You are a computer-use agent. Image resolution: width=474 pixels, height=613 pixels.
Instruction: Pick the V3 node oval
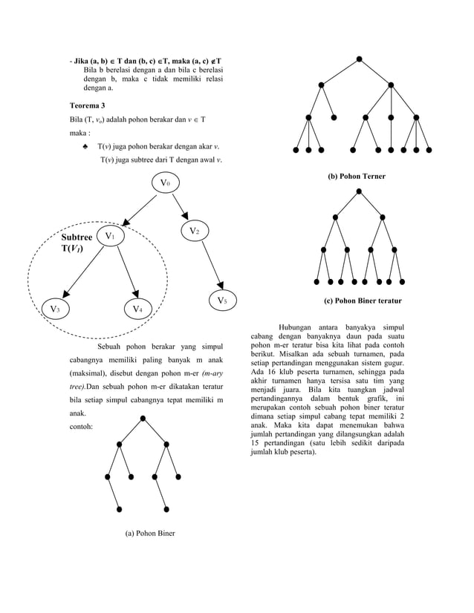coord(55,308)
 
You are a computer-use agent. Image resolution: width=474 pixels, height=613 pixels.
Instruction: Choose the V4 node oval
coord(138,308)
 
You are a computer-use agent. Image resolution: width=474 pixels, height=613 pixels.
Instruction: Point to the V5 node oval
coord(221,301)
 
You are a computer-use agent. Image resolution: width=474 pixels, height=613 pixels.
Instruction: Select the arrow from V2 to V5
coord(209,266)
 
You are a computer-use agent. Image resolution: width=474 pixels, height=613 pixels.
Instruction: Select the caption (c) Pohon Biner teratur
coord(363,302)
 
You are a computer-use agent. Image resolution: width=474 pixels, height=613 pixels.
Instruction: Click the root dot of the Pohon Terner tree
coord(359,59)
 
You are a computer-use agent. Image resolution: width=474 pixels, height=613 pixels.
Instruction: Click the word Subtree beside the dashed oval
coord(77,237)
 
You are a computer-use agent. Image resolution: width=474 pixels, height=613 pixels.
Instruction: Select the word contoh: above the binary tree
coord(80,428)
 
